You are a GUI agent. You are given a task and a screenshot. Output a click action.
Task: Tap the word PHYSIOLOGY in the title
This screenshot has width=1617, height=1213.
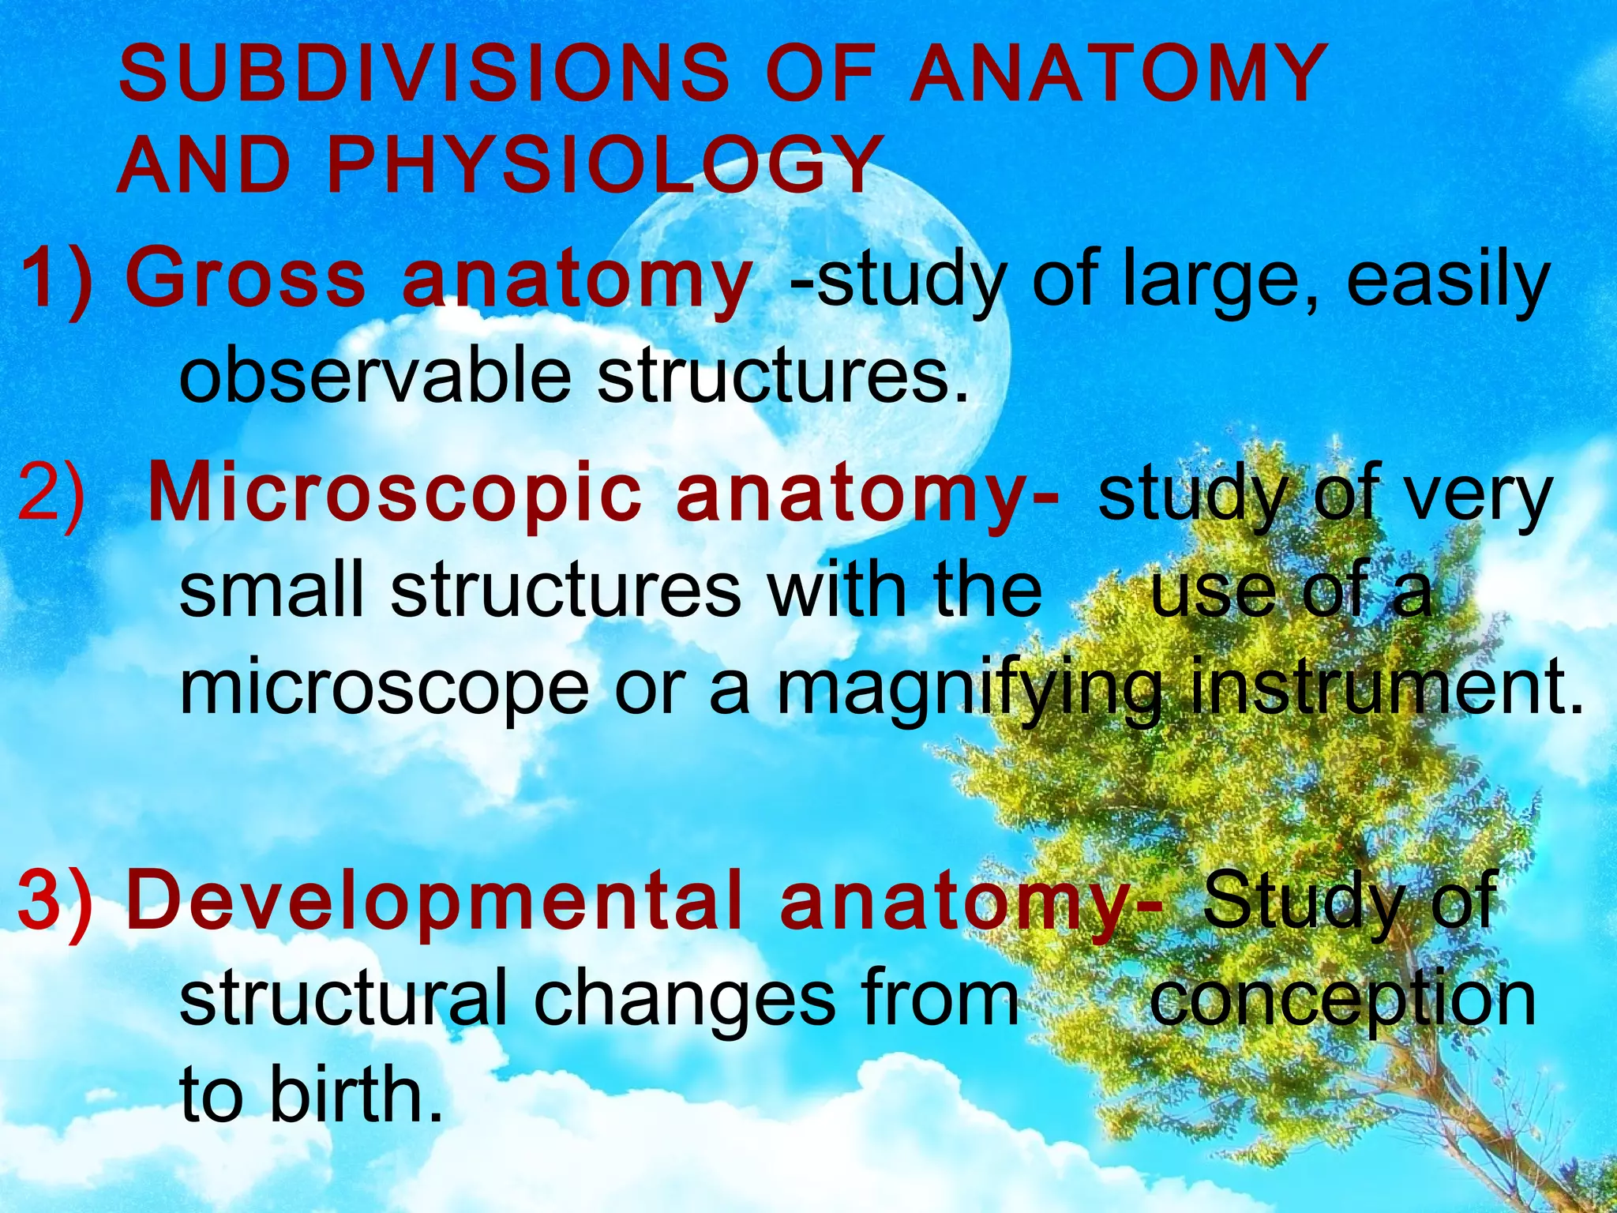coord(604,165)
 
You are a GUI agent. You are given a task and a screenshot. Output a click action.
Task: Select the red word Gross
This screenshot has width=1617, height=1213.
coord(246,279)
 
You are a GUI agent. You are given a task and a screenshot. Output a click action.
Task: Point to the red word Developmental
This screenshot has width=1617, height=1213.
coord(434,899)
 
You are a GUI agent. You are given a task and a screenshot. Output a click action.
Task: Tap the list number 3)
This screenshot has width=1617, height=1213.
coord(55,901)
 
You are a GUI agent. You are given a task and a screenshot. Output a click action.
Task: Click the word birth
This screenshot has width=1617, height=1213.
coord(355,1094)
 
